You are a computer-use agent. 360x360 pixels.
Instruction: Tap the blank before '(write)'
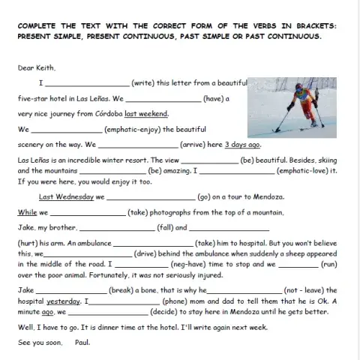[87, 82]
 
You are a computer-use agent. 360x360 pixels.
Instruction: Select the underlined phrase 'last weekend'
[146, 114]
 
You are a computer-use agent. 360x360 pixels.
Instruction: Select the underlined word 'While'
[27, 212]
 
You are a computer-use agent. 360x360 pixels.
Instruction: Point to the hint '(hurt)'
[27, 244]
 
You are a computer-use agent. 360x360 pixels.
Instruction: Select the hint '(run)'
[328, 264]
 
